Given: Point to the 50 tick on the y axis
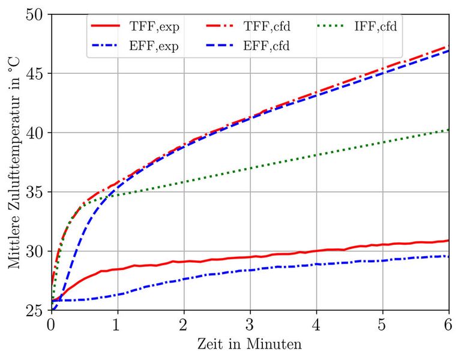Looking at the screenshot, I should click(36, 14).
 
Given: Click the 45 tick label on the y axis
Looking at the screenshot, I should click(36, 73).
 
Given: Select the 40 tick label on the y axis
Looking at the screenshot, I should click(36, 133).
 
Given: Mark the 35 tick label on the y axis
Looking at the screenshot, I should click(36, 192).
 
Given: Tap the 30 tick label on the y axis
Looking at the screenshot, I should click(36, 251).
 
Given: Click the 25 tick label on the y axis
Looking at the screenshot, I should click(36, 310).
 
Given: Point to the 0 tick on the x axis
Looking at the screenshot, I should click(51, 325).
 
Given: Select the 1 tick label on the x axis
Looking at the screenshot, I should click(118, 325).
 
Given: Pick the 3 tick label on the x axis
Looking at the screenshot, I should click(250, 325).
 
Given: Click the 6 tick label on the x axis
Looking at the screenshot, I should click(449, 325).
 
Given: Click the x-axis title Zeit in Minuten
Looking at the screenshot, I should click(250, 345).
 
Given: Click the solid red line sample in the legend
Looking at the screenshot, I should click(106, 26).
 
